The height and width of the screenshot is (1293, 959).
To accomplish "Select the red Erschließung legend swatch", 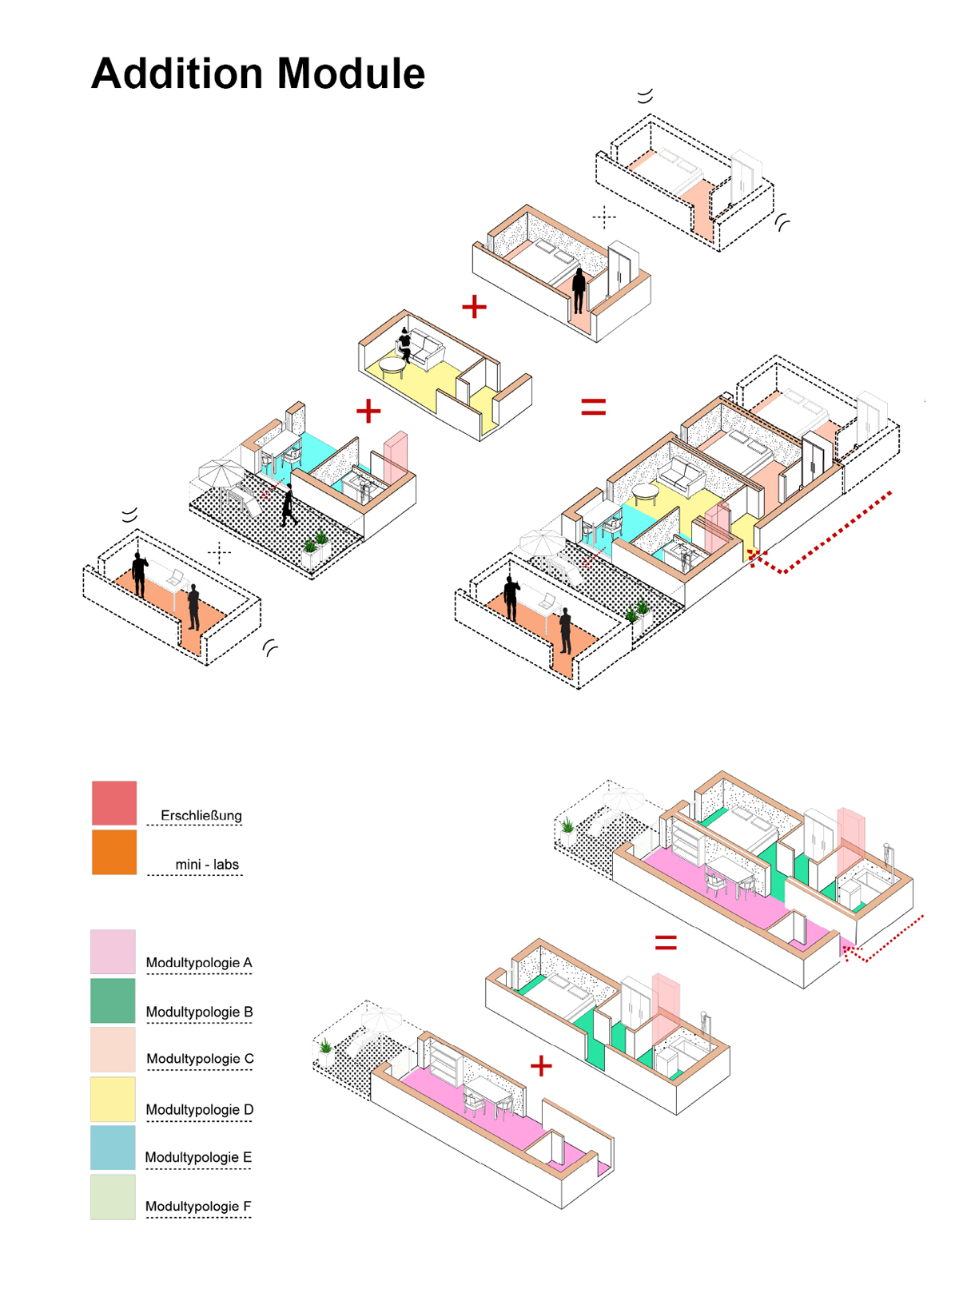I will pyautogui.click(x=114, y=802).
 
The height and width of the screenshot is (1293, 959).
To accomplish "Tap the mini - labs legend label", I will pyautogui.click(x=207, y=865).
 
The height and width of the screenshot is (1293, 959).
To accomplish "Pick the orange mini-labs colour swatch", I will pyautogui.click(x=114, y=852).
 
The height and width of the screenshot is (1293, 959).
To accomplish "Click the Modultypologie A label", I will pyautogui.click(x=199, y=962).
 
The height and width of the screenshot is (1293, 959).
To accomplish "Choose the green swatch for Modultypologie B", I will pyautogui.click(x=113, y=1001).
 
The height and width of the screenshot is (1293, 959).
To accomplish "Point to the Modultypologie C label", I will pyautogui.click(x=200, y=1059).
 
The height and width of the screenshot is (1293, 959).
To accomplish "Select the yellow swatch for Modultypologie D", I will pyautogui.click(x=113, y=1100).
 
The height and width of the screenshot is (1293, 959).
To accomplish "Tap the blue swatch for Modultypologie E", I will pyautogui.click(x=113, y=1148).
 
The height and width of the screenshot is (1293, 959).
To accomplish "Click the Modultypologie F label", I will pyautogui.click(x=198, y=1206).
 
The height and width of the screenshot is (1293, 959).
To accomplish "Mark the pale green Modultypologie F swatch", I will pyautogui.click(x=113, y=1196).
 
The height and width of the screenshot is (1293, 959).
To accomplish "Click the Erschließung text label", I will pyautogui.click(x=201, y=815).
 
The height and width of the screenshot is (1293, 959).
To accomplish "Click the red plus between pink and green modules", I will pyautogui.click(x=541, y=1065).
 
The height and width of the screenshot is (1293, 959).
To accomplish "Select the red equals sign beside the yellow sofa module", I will pyautogui.click(x=593, y=407).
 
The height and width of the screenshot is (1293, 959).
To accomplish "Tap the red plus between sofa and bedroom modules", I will pyautogui.click(x=474, y=306).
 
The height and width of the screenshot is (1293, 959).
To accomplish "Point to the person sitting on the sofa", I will pyautogui.click(x=404, y=344).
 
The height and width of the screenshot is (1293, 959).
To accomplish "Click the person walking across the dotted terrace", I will pyautogui.click(x=288, y=505).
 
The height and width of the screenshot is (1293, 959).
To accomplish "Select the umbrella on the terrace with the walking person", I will pyautogui.click(x=220, y=472).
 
